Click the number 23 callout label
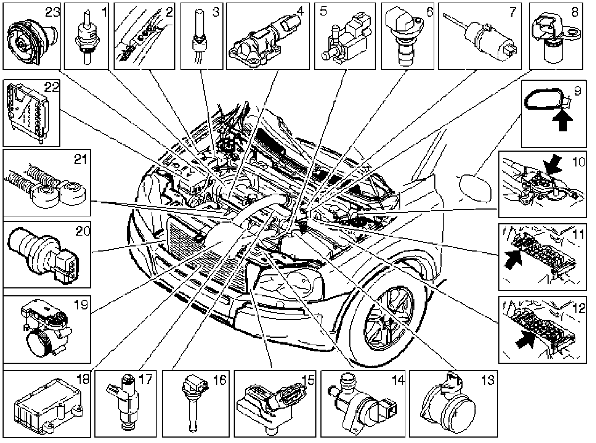coord(53,13)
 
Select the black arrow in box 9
coord(562,121)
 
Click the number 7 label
coord(512,12)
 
